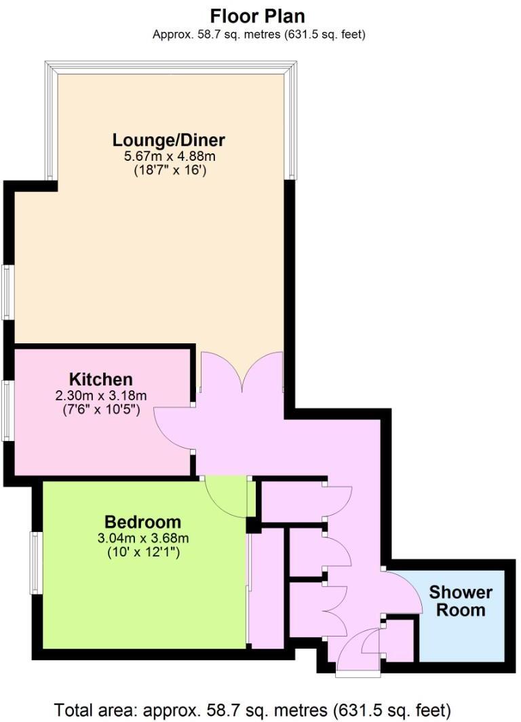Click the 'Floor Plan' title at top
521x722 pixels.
point(258,16)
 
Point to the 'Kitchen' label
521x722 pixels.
point(100,379)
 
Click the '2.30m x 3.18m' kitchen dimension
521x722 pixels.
point(100,395)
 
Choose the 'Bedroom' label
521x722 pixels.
point(142,522)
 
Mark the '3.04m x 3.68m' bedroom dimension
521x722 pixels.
point(142,539)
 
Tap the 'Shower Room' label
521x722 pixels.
point(461,601)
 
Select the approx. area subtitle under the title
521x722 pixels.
point(258,35)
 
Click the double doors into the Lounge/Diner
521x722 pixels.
point(242,373)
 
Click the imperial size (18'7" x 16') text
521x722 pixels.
point(168,170)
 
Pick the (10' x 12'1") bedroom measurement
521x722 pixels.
point(142,553)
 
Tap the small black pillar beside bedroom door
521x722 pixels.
point(252,525)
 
